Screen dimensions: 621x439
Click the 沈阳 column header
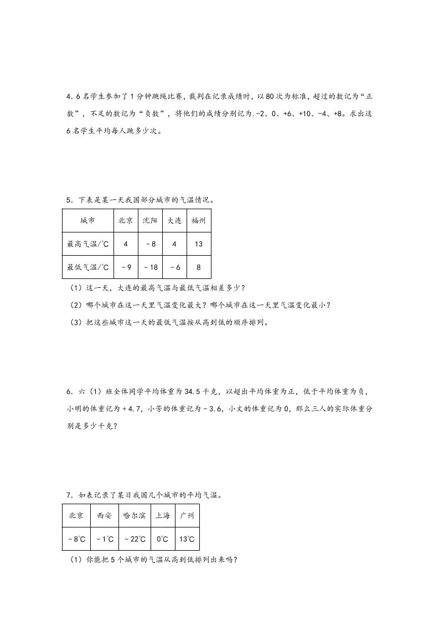coord(149,220)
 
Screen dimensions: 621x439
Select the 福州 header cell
coord(198,220)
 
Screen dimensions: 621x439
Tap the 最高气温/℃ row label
coord(88,244)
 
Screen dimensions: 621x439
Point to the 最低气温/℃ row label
coord(88,267)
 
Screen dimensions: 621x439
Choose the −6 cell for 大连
coord(174,267)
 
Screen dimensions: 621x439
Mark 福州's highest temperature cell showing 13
coord(198,244)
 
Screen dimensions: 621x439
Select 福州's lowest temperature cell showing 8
coord(198,267)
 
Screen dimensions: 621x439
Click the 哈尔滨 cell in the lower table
coord(135,515)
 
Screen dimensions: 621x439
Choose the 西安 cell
coord(104,515)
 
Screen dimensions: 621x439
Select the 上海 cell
coord(163,515)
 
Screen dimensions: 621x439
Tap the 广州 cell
coord(187,515)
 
